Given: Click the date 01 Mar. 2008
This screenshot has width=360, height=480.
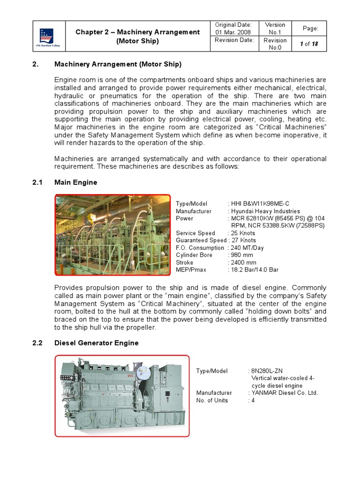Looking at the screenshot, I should point(233,32).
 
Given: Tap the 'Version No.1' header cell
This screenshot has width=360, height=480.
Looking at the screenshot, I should point(275,29).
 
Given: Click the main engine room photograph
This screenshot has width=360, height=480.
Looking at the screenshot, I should point(113,235).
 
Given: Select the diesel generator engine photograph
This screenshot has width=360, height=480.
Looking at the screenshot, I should point(122,396).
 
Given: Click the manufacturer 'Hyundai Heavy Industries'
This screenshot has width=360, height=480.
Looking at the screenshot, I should point(266,211).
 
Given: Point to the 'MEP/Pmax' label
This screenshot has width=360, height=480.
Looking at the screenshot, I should point(191,270).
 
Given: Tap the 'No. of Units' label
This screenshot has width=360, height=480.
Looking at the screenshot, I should point(212,400).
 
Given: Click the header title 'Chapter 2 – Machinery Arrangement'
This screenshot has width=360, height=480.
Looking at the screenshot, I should point(138,32).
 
